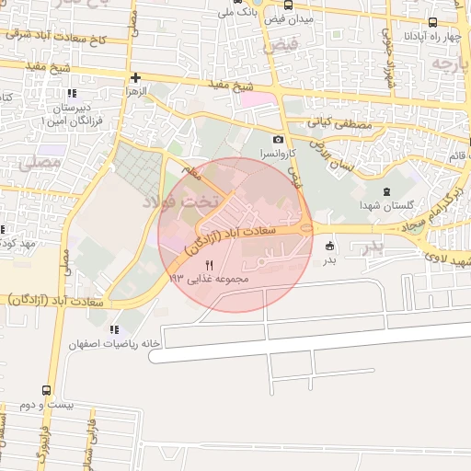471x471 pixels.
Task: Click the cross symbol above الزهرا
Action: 136,77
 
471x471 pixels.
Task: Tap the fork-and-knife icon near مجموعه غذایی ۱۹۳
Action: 209,265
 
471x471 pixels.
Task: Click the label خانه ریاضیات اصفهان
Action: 112,343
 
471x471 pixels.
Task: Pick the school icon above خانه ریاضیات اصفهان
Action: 113,328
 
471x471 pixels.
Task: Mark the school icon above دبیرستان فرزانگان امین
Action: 69,93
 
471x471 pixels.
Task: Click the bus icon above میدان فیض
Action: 288,5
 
